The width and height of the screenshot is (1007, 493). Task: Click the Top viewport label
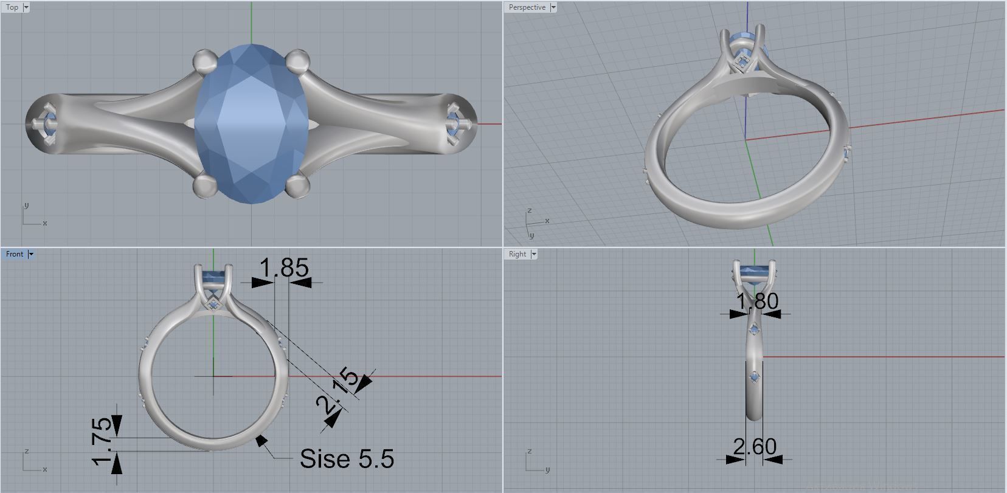[12, 7]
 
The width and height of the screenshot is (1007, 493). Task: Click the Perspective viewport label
[527, 7]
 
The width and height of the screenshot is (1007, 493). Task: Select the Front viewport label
[15, 254]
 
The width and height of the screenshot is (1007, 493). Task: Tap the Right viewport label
[517, 254]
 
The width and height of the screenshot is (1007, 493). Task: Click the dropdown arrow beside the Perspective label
[553, 7]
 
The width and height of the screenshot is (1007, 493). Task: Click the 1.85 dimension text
[284, 268]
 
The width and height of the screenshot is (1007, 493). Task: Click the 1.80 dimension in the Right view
[757, 301]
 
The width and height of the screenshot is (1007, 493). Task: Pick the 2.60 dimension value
[755, 447]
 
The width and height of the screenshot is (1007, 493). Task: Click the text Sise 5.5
[347, 459]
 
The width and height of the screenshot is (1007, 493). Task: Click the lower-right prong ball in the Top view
[297, 185]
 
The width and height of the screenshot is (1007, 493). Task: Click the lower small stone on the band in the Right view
[755, 378]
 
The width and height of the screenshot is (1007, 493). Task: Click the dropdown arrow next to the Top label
[26, 7]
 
